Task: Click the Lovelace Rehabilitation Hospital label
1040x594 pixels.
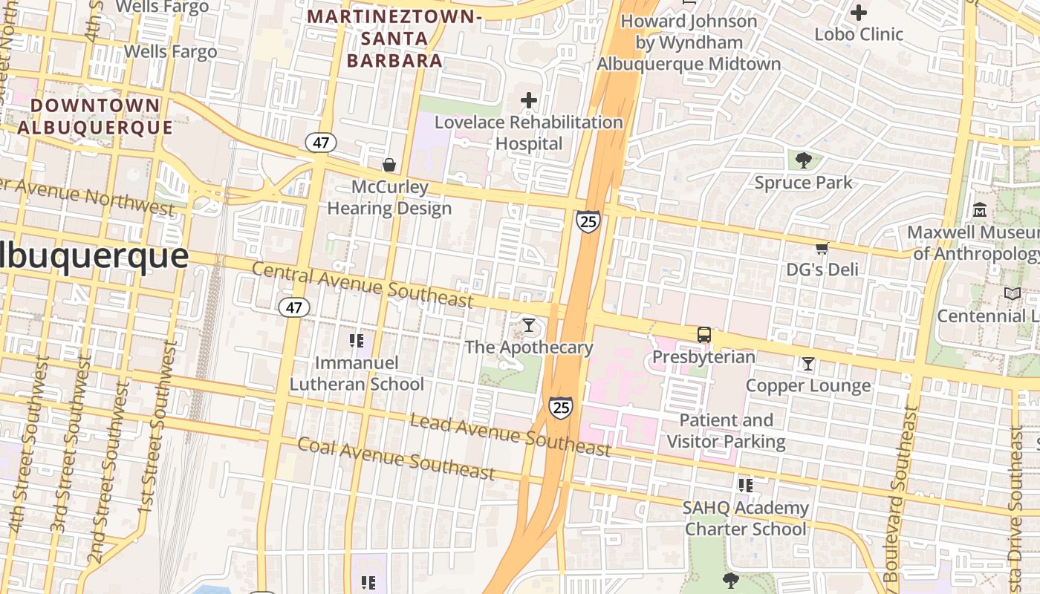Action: point(528,132)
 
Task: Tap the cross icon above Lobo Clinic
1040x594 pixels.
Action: point(859,13)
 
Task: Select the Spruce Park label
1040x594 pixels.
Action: point(803,183)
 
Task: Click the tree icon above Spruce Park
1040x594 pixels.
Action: point(803,160)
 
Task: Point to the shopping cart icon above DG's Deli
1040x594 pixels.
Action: point(822,248)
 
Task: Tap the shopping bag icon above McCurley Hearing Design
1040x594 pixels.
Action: point(389,165)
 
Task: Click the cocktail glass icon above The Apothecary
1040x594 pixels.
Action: point(528,324)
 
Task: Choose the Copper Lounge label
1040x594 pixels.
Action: point(807,385)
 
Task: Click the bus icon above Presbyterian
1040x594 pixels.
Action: point(703,335)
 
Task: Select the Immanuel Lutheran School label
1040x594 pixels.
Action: point(357,373)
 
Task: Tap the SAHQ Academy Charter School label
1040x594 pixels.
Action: point(746,518)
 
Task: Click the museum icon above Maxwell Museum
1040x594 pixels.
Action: point(979,210)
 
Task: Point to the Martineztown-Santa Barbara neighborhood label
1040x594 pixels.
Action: point(394,39)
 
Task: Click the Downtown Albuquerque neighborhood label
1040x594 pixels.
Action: point(95,117)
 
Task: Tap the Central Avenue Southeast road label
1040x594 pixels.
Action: point(363,284)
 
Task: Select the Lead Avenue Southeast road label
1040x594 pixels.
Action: point(510,435)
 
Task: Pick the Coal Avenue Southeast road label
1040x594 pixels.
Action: point(396,458)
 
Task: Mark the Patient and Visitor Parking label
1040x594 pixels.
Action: point(726,431)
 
